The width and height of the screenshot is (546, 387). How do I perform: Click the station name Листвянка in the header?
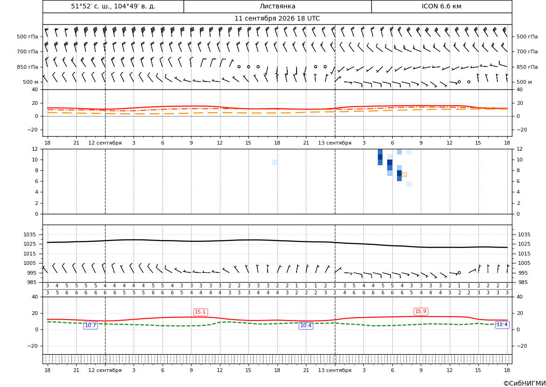[277, 6]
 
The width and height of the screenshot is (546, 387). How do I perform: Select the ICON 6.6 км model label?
[441, 6]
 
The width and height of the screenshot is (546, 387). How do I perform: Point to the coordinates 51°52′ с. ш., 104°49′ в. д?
[113, 6]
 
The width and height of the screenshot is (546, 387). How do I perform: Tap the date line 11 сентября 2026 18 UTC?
[277, 19]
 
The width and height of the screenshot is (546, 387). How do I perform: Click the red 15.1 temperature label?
[200, 312]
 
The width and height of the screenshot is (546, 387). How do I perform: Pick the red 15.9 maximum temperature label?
[421, 311]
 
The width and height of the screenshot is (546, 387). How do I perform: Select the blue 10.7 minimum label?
[91, 326]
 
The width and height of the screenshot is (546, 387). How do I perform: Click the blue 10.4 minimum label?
[306, 326]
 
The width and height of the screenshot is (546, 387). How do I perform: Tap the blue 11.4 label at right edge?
[502, 325]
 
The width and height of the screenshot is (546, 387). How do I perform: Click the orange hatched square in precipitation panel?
[404, 175]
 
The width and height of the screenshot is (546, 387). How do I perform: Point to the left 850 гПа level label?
[28, 67]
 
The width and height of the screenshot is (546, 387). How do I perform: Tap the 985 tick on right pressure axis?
[524, 282]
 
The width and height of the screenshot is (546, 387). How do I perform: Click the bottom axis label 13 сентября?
[334, 370]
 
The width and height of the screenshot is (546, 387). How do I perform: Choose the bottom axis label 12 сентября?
[105, 370]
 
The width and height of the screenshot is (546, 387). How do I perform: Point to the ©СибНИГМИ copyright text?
[525, 383]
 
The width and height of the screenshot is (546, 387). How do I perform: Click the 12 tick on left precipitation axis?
[35, 149]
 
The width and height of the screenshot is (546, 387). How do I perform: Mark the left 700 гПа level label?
[28, 51]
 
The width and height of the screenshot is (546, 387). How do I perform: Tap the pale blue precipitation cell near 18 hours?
[275, 162]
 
